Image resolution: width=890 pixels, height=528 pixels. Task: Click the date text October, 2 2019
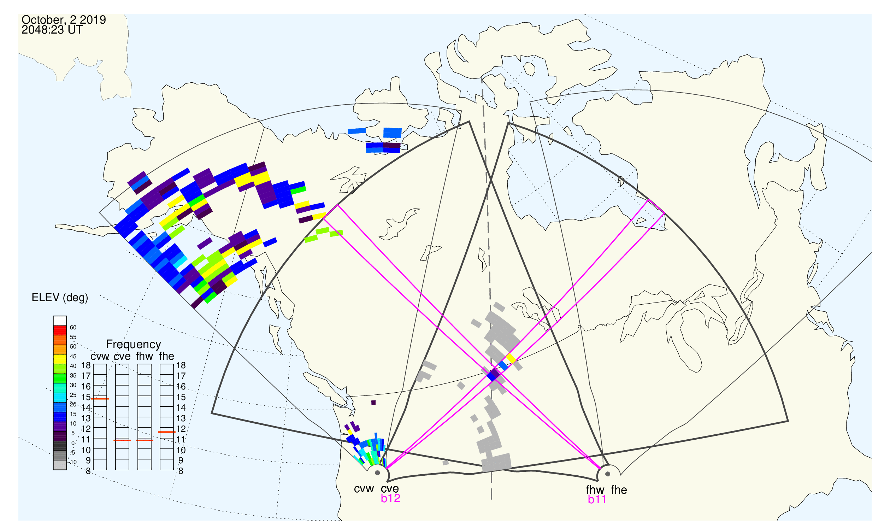click(x=64, y=20)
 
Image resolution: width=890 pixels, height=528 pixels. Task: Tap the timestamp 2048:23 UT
click(x=52, y=30)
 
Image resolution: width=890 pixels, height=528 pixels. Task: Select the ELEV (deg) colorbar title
click(x=60, y=298)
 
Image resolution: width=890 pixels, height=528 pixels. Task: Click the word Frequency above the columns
click(x=134, y=345)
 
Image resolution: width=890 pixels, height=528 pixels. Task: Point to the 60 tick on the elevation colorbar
click(x=73, y=328)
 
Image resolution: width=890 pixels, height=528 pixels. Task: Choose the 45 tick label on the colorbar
click(x=73, y=357)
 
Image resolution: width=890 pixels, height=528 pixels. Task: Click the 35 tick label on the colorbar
click(x=73, y=376)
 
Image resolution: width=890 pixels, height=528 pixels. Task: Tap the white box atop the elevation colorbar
click(x=60, y=321)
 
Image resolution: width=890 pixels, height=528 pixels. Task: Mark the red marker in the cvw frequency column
click(x=100, y=399)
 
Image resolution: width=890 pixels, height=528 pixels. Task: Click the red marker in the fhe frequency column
click(x=167, y=432)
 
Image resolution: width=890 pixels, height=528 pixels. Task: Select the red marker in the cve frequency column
click(x=122, y=440)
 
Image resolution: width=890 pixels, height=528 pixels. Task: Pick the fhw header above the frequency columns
click(x=145, y=357)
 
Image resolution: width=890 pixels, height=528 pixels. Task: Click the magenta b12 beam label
click(x=390, y=499)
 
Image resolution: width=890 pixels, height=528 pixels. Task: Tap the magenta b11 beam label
click(x=597, y=500)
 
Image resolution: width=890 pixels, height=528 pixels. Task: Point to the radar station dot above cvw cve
click(x=377, y=473)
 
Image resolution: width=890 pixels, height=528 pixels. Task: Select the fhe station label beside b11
click(x=619, y=490)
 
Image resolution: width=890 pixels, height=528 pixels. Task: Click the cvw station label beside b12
click(x=364, y=489)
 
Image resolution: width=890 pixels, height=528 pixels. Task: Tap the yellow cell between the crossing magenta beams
click(x=511, y=358)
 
